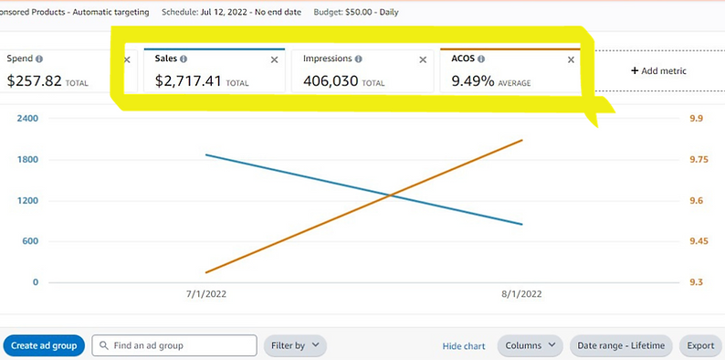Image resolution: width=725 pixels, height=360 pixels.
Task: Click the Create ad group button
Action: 44,345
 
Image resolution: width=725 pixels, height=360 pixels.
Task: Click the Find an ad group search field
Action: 174,345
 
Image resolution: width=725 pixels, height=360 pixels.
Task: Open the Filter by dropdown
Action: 295,345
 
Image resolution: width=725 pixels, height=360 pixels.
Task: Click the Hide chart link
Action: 464,346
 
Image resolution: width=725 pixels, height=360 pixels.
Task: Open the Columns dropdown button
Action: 531,345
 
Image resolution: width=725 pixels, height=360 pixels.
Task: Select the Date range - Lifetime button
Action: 622,345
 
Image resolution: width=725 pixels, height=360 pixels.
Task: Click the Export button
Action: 700,345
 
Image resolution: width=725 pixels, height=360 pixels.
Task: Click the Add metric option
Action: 658,70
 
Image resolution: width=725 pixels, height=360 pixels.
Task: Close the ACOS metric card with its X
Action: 572,59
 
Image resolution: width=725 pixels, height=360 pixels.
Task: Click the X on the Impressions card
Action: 423,59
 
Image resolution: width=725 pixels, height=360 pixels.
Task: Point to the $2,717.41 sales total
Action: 188,80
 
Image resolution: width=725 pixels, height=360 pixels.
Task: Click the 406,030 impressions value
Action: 331,80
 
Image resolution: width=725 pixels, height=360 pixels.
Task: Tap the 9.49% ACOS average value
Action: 472,80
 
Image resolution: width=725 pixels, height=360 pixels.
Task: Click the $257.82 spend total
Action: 34,80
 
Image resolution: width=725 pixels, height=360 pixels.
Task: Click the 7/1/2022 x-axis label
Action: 206,294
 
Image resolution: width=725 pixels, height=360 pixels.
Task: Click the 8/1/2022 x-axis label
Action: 521,294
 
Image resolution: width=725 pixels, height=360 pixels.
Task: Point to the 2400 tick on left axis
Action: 26,119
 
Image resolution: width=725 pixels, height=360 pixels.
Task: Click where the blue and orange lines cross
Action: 391,195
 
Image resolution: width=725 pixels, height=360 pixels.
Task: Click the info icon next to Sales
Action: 184,58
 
